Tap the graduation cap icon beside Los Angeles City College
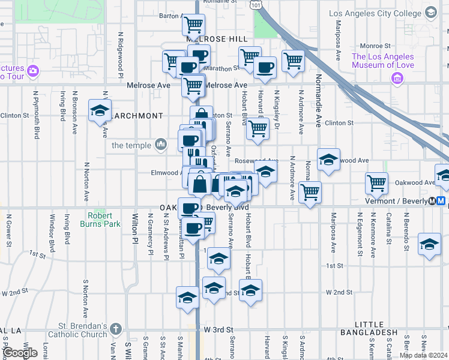[x=430, y=12]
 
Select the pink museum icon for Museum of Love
[x=396, y=78]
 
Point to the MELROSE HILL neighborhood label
[x=221, y=39]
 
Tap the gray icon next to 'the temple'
[x=160, y=144]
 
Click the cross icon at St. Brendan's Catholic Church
[x=116, y=329]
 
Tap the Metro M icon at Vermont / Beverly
[x=441, y=201]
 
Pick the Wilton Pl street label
[x=134, y=229]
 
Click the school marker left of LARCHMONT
[x=100, y=111]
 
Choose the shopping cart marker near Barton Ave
[x=193, y=25]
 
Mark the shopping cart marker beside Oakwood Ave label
[x=376, y=183]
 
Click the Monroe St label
[x=375, y=46]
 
